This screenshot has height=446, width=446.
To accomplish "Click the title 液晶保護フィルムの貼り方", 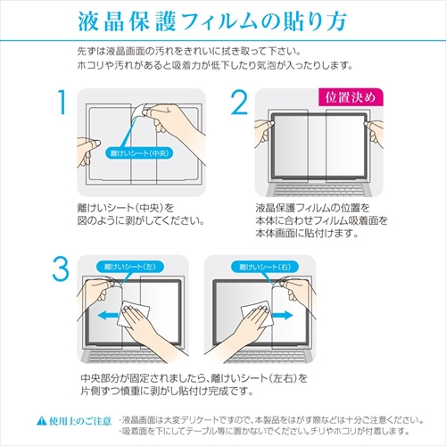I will coord(222,20).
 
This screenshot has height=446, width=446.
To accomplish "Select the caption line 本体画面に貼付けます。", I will coord(306,235).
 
